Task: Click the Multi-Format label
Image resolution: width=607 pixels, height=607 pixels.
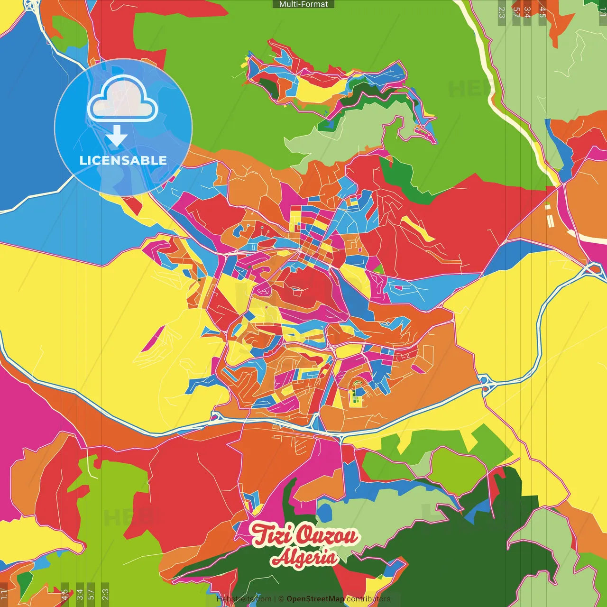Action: pos(303,4)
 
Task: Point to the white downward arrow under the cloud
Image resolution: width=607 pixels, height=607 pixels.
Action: pos(117,137)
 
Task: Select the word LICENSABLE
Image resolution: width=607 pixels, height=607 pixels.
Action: pos(123,160)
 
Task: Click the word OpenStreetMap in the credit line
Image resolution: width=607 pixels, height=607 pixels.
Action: pos(315,599)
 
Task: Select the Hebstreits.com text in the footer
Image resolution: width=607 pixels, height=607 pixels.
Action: pos(244,599)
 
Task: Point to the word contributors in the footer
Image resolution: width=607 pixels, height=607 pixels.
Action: pos(368,599)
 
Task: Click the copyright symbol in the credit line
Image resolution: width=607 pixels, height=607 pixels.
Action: pos(281,599)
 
